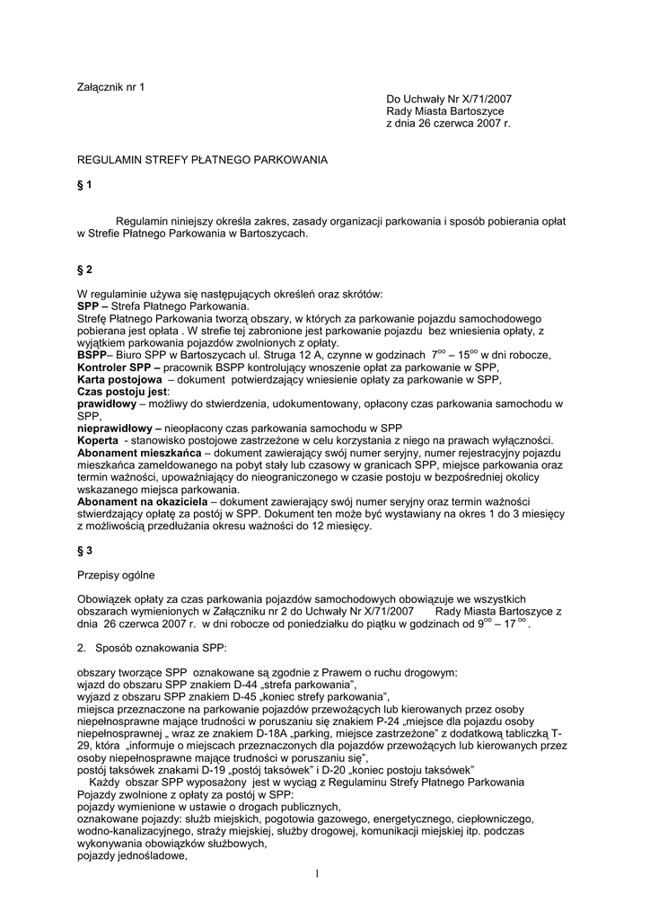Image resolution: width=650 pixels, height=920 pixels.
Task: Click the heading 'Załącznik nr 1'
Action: point(111,87)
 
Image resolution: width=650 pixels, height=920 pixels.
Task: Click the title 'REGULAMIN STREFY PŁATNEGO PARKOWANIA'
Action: point(203,160)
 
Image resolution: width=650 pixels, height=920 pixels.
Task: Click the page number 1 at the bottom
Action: point(318,873)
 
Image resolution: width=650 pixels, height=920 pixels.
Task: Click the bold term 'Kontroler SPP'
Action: point(117,368)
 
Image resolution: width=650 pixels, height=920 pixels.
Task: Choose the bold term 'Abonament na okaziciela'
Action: point(143,501)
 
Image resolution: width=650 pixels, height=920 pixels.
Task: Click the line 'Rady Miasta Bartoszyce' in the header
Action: point(443,111)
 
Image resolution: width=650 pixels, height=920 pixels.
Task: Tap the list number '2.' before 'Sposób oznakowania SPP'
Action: point(83,647)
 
